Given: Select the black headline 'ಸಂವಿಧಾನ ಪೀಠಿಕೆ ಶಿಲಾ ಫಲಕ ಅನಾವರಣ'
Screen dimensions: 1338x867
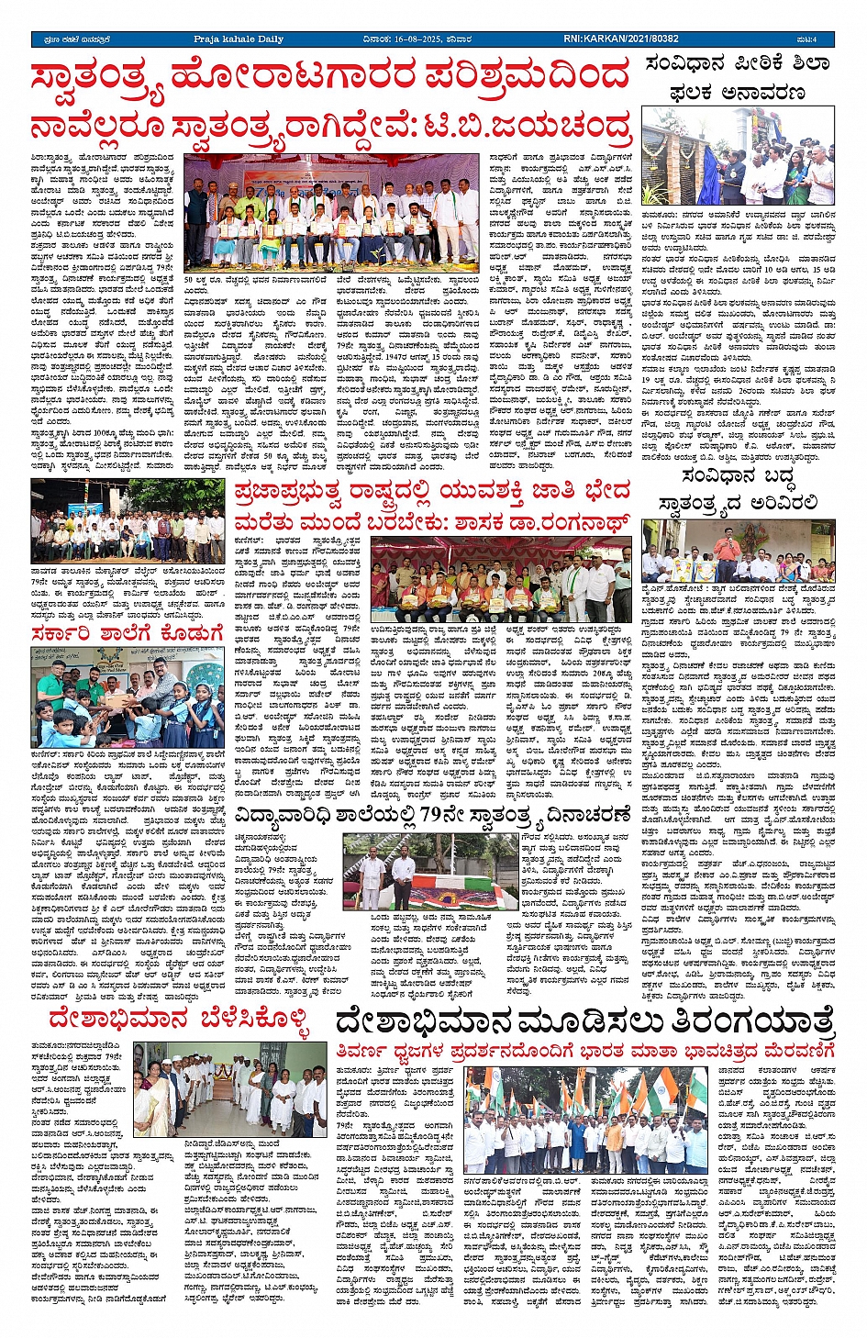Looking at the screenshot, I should point(737,78).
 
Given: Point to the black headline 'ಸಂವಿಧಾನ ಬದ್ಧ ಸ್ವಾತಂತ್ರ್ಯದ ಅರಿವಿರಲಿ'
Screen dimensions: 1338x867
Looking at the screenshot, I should point(737,490).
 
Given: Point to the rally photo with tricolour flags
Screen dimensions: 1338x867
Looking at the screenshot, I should point(585,1121).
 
